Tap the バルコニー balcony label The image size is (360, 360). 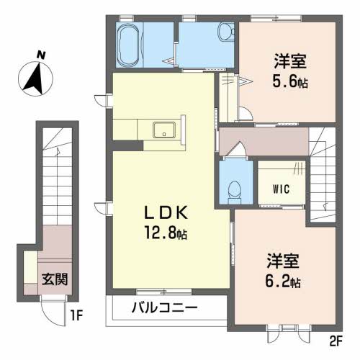(165, 310)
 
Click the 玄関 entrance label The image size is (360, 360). (54, 279)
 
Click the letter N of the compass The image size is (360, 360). (42, 55)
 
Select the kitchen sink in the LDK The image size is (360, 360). (163, 131)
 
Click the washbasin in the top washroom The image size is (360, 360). (225, 32)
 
